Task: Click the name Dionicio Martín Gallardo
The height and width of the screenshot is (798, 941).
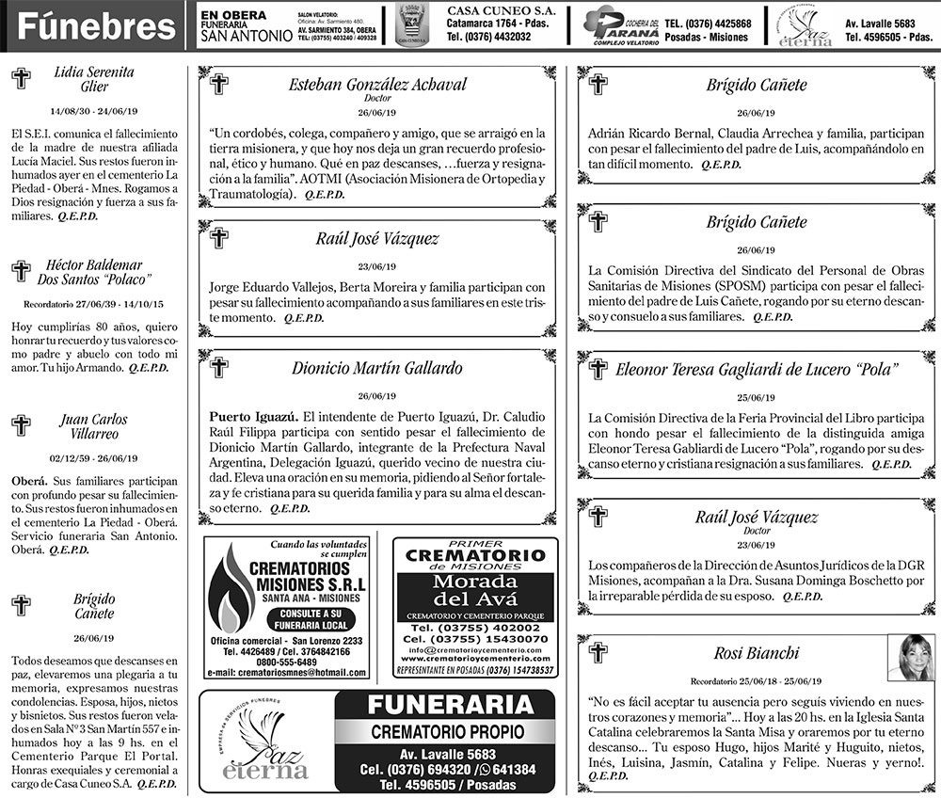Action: pos(377,368)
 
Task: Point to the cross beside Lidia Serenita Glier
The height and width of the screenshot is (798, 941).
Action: pos(21,79)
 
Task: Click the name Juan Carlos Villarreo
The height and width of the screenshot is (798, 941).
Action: pos(95,426)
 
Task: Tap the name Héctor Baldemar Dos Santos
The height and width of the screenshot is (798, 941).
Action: pos(94,272)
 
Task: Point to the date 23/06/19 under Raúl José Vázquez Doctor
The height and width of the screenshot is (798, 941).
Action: pos(757,545)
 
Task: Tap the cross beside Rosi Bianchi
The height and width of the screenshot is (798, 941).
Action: pos(597,651)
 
